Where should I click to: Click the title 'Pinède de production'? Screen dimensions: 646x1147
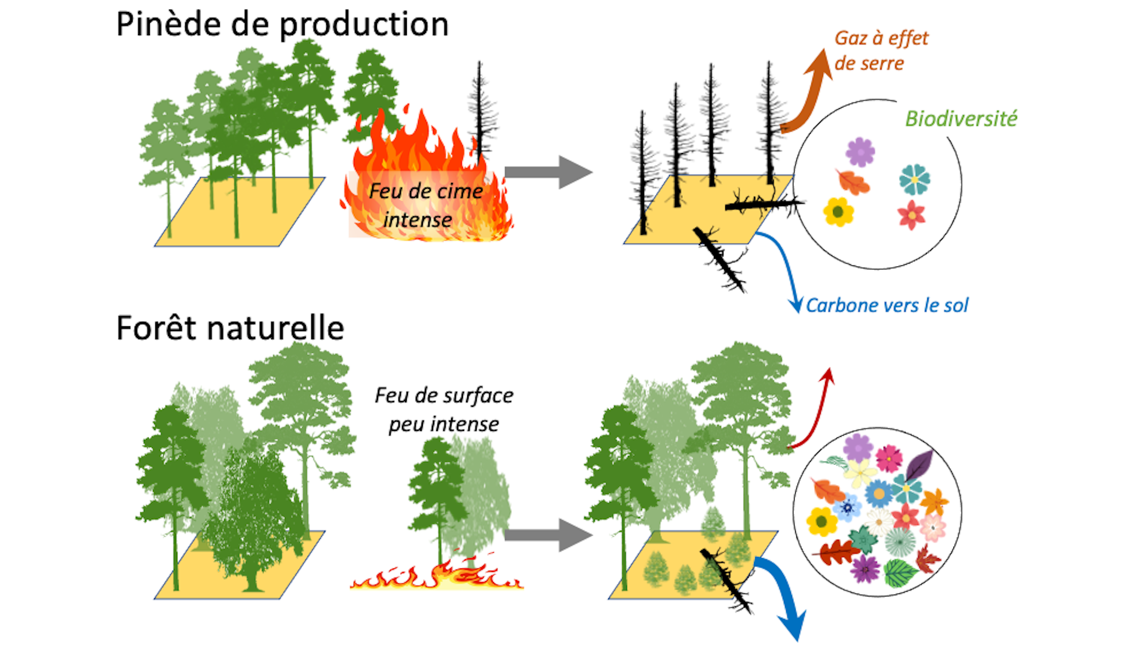pyautogui.click(x=282, y=25)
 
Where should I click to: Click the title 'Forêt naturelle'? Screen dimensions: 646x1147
pyautogui.click(x=230, y=328)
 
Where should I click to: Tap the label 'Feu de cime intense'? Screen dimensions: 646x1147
pyautogui.click(x=425, y=205)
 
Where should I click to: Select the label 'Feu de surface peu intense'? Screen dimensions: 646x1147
pyautogui.click(x=444, y=409)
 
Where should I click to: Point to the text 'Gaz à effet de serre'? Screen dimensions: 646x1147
pyautogui.click(x=881, y=50)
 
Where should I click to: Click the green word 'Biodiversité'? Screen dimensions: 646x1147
pyautogui.click(x=961, y=118)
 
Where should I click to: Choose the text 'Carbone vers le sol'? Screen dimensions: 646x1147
pyautogui.click(x=887, y=305)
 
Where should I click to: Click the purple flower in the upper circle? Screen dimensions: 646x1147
pyautogui.click(x=860, y=152)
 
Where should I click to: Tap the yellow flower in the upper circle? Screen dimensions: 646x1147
pyautogui.click(x=838, y=212)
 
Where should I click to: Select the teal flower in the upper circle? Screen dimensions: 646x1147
pyautogui.click(x=914, y=179)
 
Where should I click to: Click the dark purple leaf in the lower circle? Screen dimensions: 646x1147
pyautogui.click(x=918, y=466)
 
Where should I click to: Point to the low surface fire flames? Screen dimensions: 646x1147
pyautogui.click(x=437, y=577)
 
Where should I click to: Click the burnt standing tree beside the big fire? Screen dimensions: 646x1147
pyautogui.click(x=480, y=114)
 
